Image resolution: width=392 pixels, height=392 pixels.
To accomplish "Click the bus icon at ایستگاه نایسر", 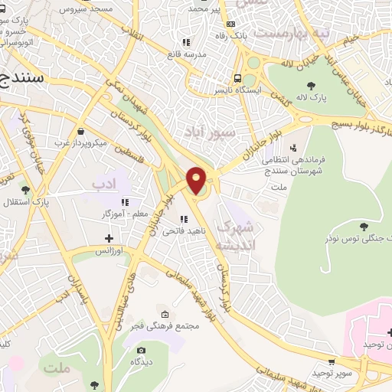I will point(238,79).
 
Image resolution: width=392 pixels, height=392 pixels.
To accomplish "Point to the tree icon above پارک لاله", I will point(311,86).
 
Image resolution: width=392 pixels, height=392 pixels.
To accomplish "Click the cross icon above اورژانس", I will point(109,238).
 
